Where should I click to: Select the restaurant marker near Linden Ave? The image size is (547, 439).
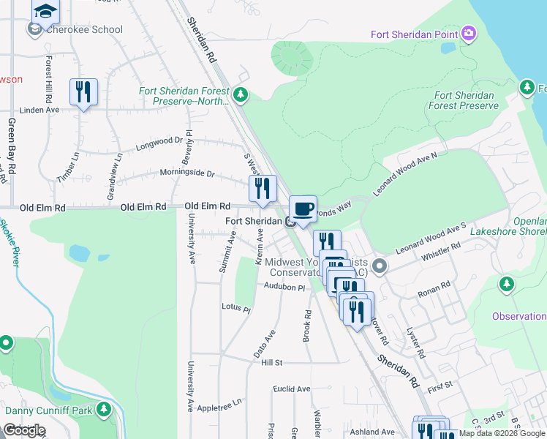(x=83, y=92)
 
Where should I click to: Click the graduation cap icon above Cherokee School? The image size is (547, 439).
(x=46, y=10)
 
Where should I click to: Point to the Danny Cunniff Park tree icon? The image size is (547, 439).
(x=104, y=410)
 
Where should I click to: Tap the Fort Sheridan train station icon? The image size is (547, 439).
(x=290, y=222)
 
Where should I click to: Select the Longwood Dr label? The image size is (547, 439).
(x=159, y=143)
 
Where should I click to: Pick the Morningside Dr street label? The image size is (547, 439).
(x=188, y=173)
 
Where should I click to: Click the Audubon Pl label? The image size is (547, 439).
(x=284, y=288)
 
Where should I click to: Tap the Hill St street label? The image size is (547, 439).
(x=271, y=362)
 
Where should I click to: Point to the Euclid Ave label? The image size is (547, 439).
(x=292, y=389)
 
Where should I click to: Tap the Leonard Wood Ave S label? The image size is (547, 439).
(x=431, y=239)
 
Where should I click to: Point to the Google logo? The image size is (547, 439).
(x=24, y=430)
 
